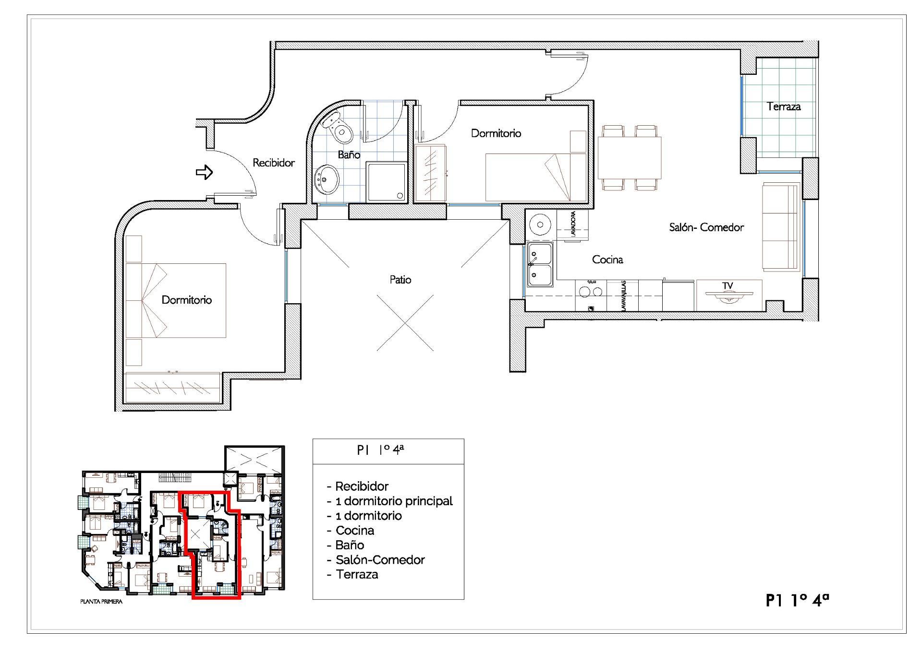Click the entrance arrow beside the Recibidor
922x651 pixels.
(x=204, y=172)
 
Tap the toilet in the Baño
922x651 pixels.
(x=338, y=127)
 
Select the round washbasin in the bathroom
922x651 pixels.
(x=327, y=179)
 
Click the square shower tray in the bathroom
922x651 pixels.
(x=387, y=181)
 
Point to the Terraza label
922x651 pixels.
(x=784, y=107)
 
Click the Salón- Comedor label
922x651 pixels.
(x=706, y=227)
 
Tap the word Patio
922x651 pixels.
(x=400, y=280)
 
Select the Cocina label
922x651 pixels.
(x=607, y=260)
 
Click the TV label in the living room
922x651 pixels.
(x=728, y=286)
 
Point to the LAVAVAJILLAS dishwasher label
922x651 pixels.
(x=623, y=296)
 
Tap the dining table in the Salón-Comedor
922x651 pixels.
(x=629, y=158)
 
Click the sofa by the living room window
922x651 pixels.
(x=781, y=226)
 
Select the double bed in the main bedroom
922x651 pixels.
(x=176, y=300)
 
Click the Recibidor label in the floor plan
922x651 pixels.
(x=274, y=163)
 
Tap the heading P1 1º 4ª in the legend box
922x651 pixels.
(x=380, y=450)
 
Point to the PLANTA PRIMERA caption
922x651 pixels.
(x=101, y=602)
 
